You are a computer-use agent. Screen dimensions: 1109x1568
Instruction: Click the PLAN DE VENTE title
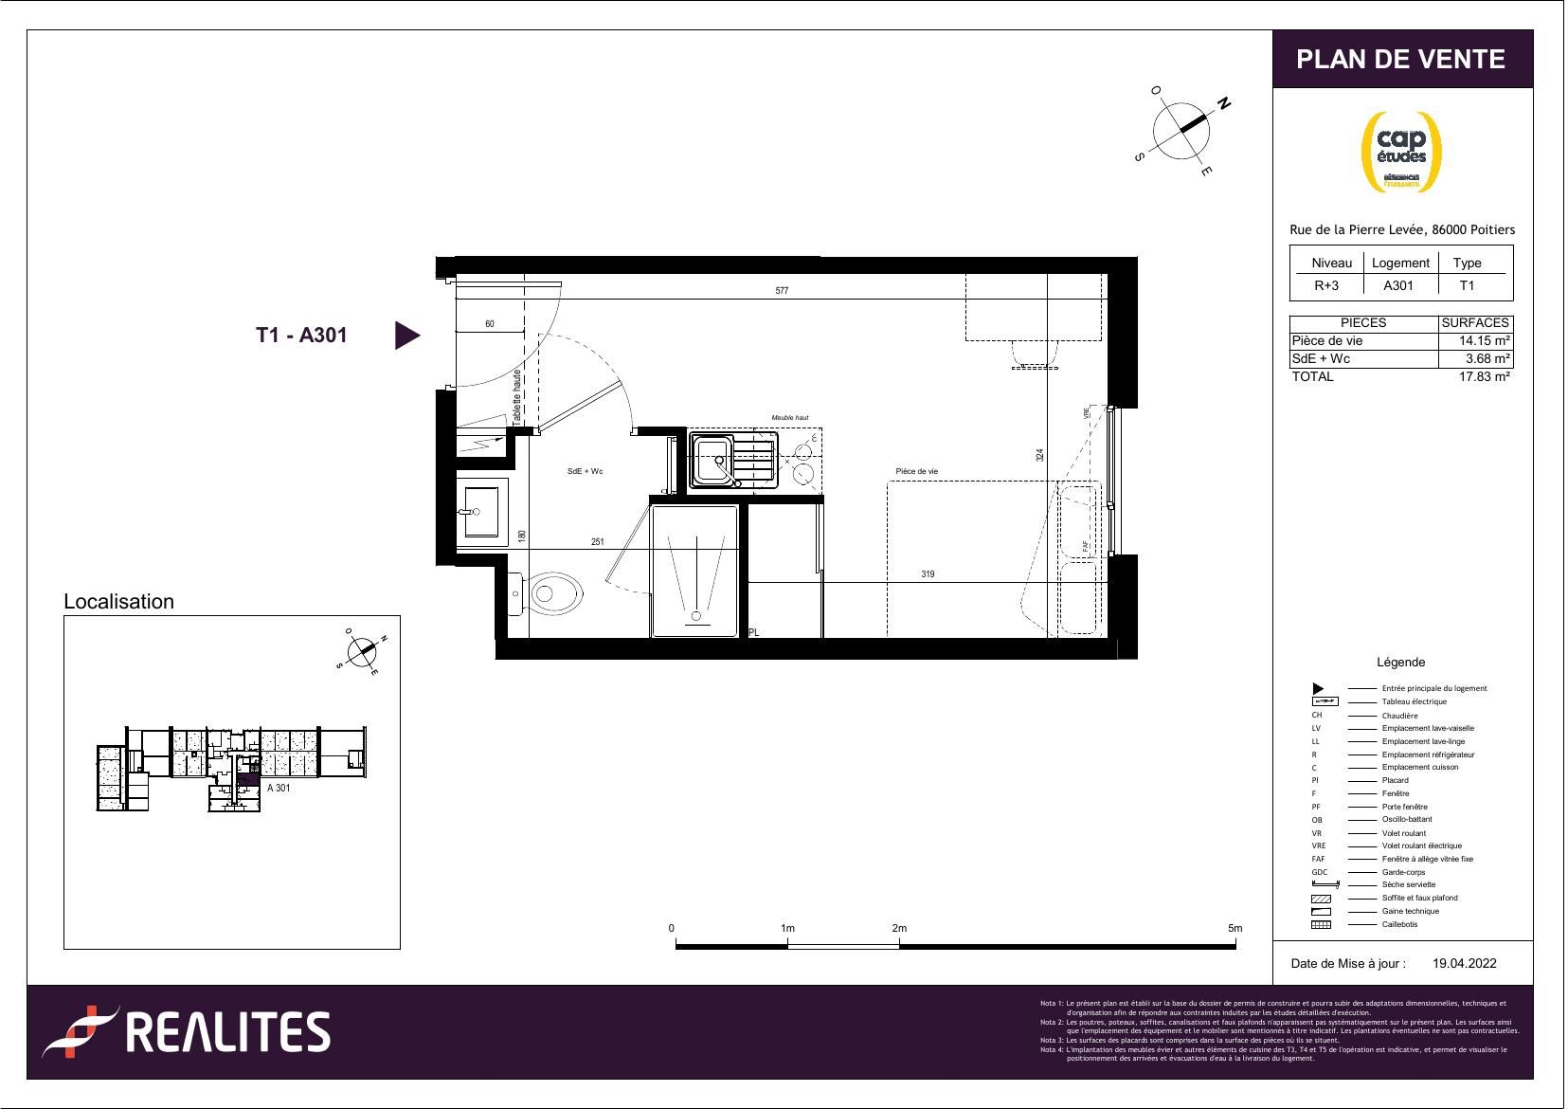point(1400,60)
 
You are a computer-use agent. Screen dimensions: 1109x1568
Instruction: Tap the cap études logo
point(1401,152)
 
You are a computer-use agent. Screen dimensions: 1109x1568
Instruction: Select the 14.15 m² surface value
point(1484,341)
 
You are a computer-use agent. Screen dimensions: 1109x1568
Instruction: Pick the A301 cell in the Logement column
point(1398,285)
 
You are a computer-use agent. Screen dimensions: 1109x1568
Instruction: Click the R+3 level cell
point(1326,285)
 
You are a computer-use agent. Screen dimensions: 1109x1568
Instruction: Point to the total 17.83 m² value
point(1484,376)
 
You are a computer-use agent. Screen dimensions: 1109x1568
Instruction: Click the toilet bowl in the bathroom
point(554,594)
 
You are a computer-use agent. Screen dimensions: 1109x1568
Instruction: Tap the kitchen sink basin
point(712,461)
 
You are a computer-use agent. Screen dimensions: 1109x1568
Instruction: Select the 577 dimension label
point(782,291)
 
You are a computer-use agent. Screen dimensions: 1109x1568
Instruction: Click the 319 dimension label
point(928,574)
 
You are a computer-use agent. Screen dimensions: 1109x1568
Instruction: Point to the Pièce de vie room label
point(916,472)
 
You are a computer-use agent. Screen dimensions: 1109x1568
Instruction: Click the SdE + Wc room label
point(585,472)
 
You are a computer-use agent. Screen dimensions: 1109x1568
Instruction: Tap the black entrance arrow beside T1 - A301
point(406,335)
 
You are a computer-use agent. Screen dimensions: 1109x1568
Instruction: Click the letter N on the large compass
point(1223,103)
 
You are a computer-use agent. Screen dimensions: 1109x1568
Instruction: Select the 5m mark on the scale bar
point(1235,929)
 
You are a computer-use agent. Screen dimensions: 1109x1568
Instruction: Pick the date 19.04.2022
point(1464,963)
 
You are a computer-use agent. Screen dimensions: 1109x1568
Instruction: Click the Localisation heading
point(118,602)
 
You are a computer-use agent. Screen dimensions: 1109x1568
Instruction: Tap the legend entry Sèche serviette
point(1408,884)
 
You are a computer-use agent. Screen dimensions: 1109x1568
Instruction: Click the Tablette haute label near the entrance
point(517,397)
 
